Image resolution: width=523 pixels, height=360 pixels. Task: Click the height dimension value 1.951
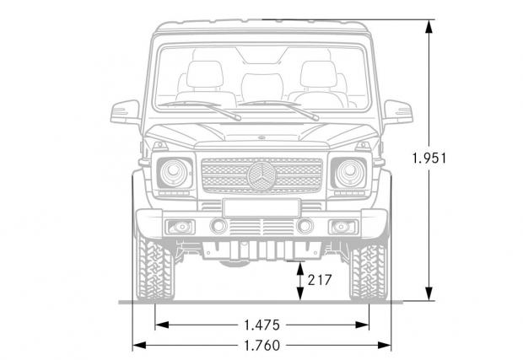point(429,158)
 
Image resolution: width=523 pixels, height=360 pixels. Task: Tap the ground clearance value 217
point(320,280)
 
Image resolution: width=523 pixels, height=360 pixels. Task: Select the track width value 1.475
point(261,325)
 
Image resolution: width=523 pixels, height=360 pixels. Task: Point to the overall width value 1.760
point(261,346)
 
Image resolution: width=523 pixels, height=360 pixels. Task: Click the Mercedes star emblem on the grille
point(261,175)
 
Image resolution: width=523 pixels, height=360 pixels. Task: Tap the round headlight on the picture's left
point(174,173)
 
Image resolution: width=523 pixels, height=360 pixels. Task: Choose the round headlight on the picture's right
point(350,173)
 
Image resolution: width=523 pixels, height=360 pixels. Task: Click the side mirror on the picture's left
point(126,112)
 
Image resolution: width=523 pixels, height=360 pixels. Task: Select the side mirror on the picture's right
point(398,112)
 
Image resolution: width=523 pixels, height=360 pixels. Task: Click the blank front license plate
point(261,208)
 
